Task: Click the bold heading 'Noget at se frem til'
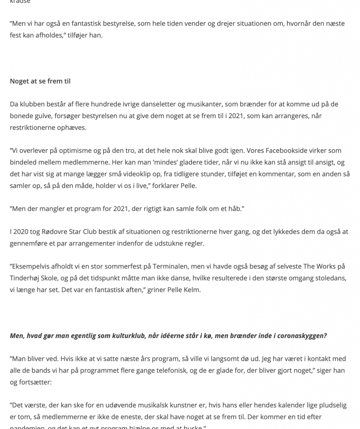[x=40, y=81]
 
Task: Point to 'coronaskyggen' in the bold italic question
[x=300, y=336]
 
